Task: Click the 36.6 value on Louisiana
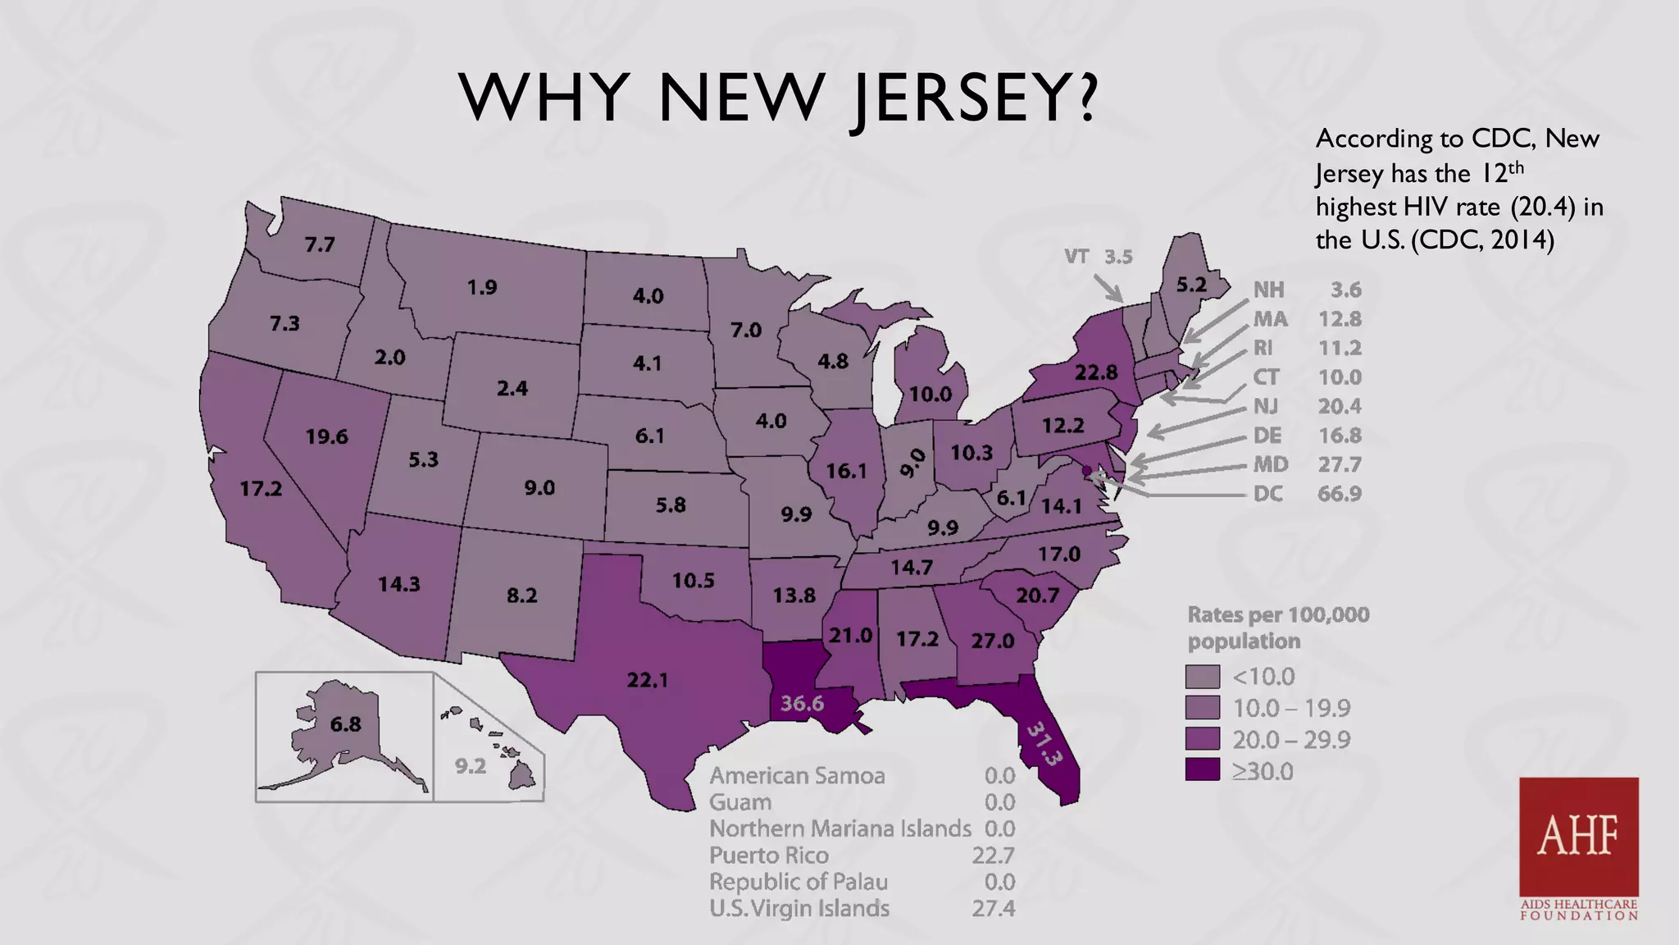[x=801, y=704]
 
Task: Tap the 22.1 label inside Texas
[x=648, y=680]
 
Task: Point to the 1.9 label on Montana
[x=482, y=287]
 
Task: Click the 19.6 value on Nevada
[x=327, y=436]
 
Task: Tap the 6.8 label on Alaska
[x=345, y=724]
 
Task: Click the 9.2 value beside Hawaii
[x=471, y=766]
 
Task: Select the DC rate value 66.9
[x=1339, y=494]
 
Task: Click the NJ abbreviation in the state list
[x=1265, y=406]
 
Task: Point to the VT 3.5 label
[x=1098, y=257]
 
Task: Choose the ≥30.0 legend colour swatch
[x=1202, y=771]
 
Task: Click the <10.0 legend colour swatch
[x=1202, y=677]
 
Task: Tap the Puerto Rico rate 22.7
[x=993, y=856]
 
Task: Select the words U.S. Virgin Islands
[x=799, y=909]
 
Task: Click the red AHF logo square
[x=1578, y=837]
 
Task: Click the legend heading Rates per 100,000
[x=1278, y=614]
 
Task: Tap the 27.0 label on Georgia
[x=993, y=641]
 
